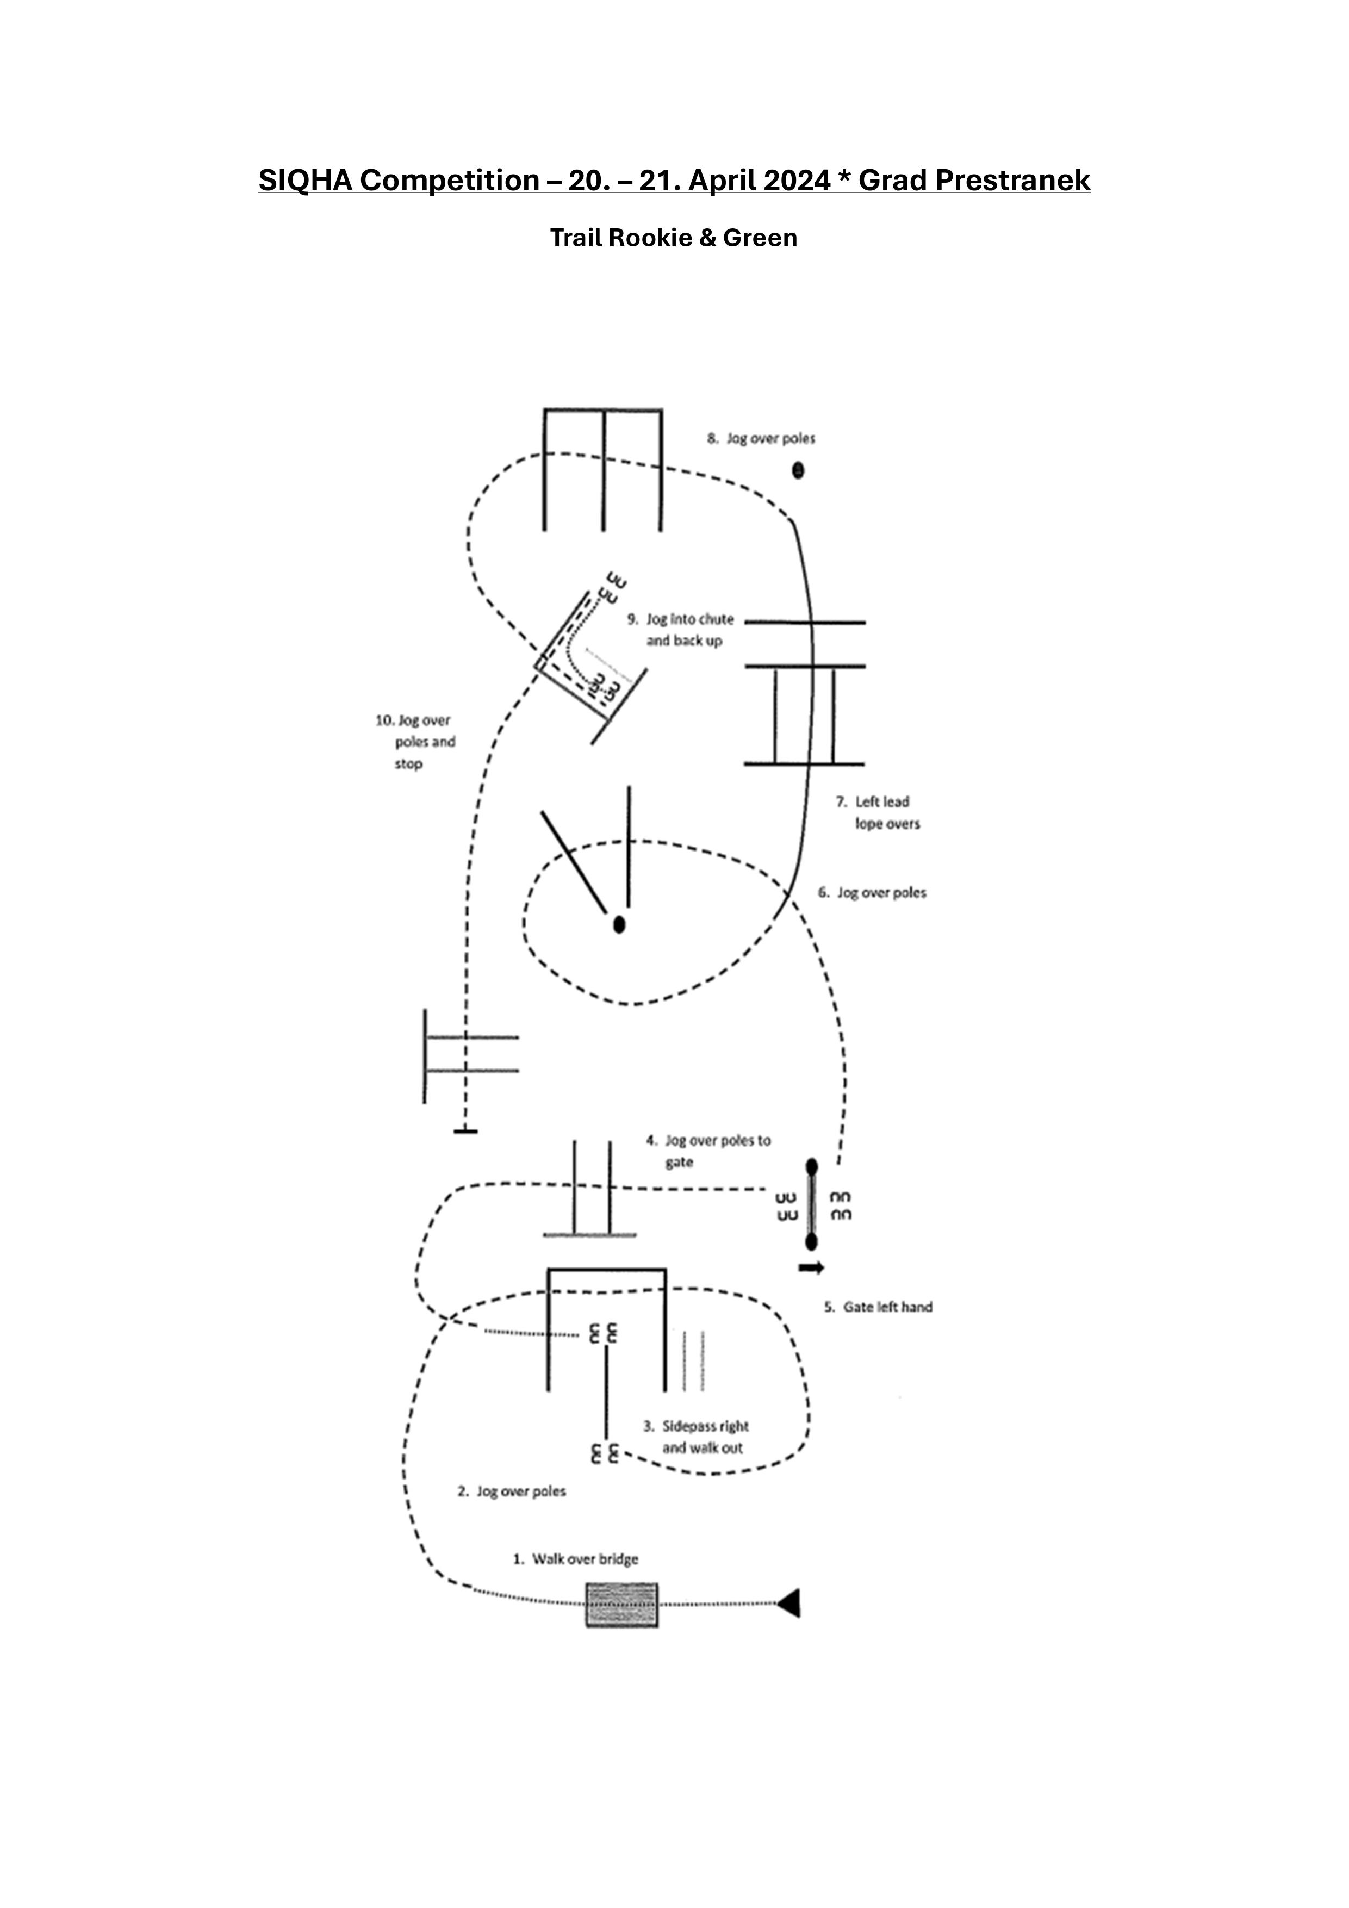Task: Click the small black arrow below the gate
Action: point(811,1267)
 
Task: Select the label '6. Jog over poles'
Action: point(872,892)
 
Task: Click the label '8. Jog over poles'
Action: point(761,438)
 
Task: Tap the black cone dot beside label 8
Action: point(798,470)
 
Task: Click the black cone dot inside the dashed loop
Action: point(618,924)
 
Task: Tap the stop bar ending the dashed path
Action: point(465,1131)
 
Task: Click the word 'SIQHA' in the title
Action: point(306,181)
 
